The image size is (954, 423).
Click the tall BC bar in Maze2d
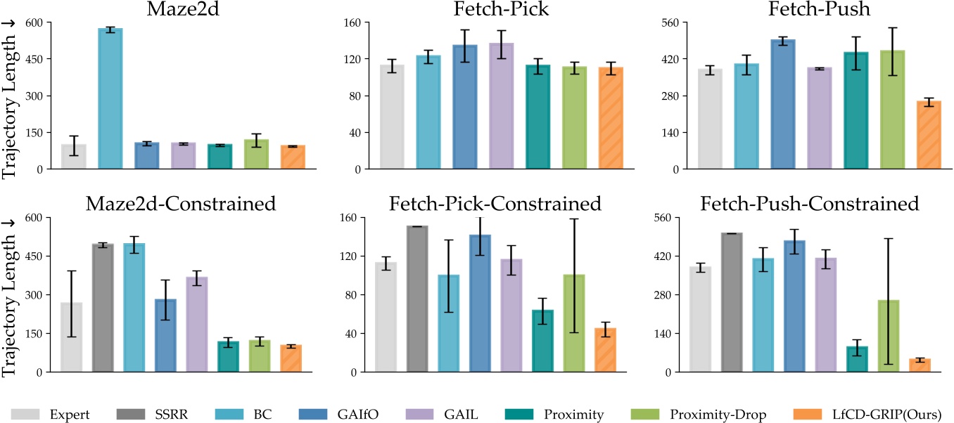click(x=110, y=98)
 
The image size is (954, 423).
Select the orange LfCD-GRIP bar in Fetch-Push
click(x=929, y=136)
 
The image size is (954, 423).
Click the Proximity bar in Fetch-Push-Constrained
click(x=856, y=359)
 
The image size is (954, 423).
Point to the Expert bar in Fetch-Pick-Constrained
click(x=386, y=317)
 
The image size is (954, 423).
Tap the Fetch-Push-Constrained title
click(x=810, y=204)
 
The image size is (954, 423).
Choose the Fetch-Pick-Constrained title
click(x=495, y=204)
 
